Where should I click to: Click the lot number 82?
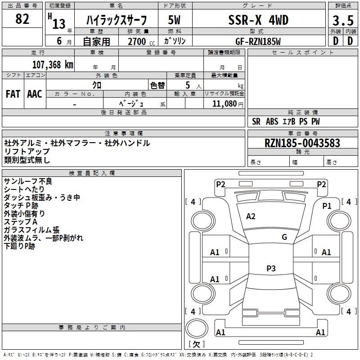(22, 19)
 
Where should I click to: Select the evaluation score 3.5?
(343, 20)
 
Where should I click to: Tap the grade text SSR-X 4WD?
(258, 20)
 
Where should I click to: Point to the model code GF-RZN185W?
(258, 41)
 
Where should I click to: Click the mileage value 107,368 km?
(53, 65)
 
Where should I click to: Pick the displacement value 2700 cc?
(141, 41)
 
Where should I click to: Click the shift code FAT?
(13, 94)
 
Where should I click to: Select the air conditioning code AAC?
(35, 94)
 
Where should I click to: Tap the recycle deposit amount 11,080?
(224, 104)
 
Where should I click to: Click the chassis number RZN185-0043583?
(302, 143)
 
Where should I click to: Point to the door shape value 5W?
(174, 20)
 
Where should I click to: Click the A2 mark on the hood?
(251, 216)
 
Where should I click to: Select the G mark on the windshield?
(284, 237)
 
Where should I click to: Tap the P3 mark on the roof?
(271, 268)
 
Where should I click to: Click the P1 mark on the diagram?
(327, 206)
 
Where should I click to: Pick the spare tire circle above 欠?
(197, 328)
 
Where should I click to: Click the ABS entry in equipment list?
(272, 121)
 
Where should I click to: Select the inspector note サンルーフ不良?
(28, 181)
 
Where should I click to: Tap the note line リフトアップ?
(27, 151)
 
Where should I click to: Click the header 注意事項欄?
(124, 133)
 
